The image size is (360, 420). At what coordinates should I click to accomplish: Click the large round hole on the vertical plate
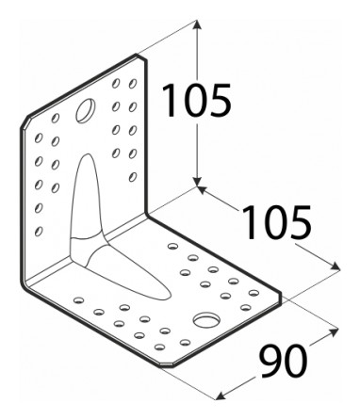(86, 110)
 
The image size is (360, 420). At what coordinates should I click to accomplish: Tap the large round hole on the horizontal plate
(206, 320)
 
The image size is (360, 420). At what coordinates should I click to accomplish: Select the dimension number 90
(283, 362)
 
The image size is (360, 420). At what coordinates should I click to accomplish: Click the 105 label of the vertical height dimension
(197, 101)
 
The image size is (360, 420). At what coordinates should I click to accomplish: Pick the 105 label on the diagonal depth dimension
(276, 222)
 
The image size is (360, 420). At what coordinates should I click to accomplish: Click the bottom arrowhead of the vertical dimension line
(197, 182)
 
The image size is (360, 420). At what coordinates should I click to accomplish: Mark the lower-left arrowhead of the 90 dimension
(221, 396)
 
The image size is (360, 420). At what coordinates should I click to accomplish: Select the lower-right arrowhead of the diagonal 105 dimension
(335, 267)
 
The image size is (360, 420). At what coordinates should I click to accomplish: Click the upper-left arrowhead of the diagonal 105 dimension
(202, 189)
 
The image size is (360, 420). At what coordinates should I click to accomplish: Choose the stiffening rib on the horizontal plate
(125, 271)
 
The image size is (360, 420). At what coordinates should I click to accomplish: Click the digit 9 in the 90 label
(270, 362)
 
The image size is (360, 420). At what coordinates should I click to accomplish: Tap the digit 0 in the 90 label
(296, 362)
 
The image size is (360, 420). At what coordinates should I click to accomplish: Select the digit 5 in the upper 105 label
(221, 101)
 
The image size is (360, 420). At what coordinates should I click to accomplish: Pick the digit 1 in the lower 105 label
(250, 222)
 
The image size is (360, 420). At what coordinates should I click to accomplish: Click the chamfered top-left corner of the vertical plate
(25, 122)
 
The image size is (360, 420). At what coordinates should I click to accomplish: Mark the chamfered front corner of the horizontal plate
(166, 364)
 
